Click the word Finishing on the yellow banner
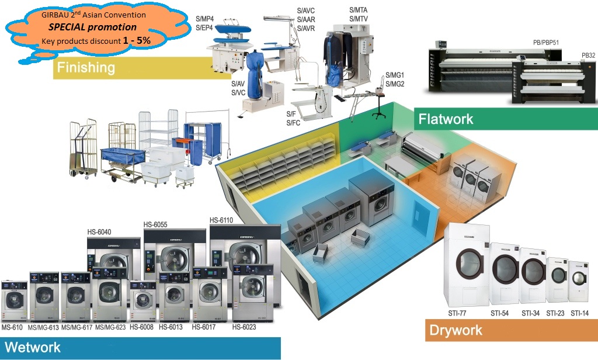(85, 68)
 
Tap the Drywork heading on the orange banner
(456, 331)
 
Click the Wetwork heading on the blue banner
(34, 348)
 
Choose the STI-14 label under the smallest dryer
(580, 313)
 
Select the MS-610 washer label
(13, 327)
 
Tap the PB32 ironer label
(588, 56)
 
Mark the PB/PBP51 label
(547, 42)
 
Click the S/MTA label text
(359, 10)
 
